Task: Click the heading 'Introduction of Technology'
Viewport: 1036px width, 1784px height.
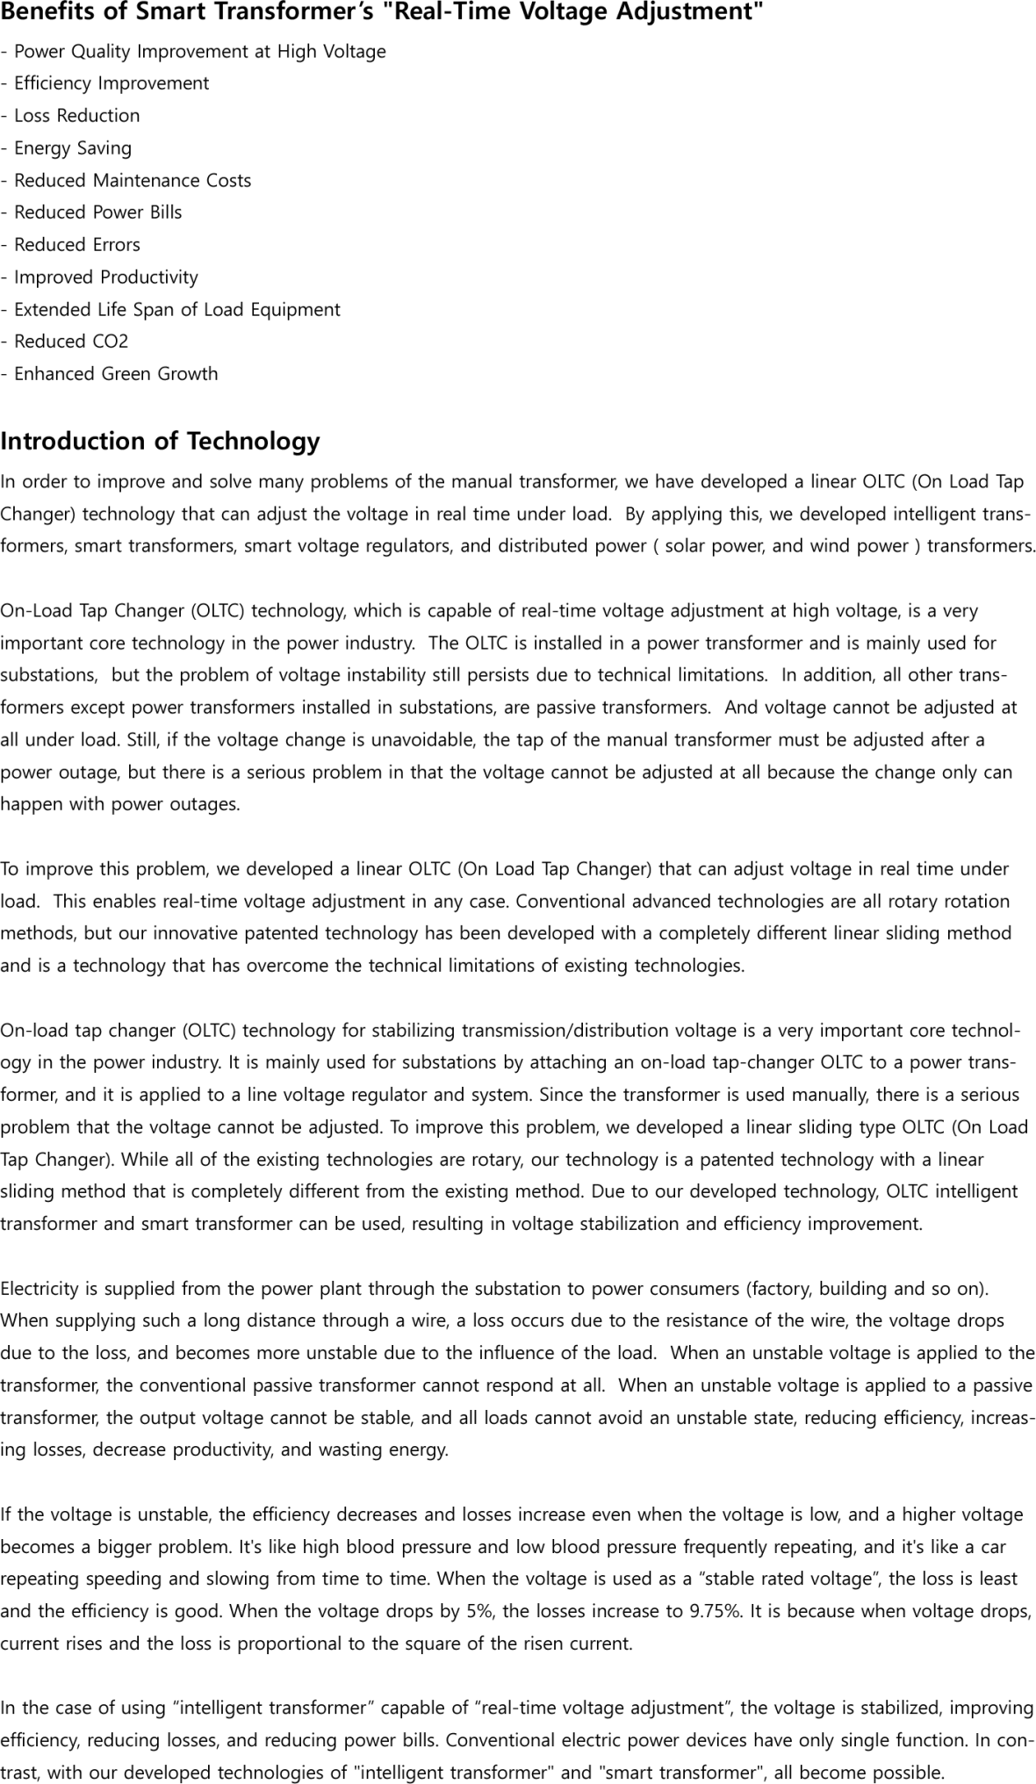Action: tap(160, 441)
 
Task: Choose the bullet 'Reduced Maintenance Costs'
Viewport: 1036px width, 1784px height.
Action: tap(132, 181)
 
